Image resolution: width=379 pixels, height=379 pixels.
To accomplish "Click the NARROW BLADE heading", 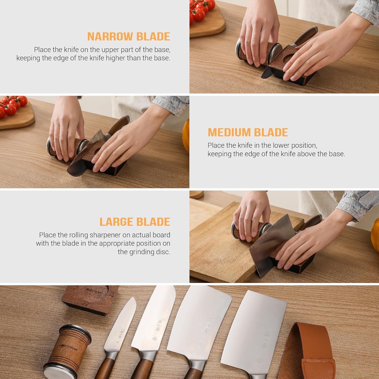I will coord(129,37).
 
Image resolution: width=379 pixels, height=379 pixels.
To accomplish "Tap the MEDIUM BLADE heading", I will coord(248,132).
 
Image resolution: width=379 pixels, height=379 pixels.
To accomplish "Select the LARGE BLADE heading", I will coord(135,222).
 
